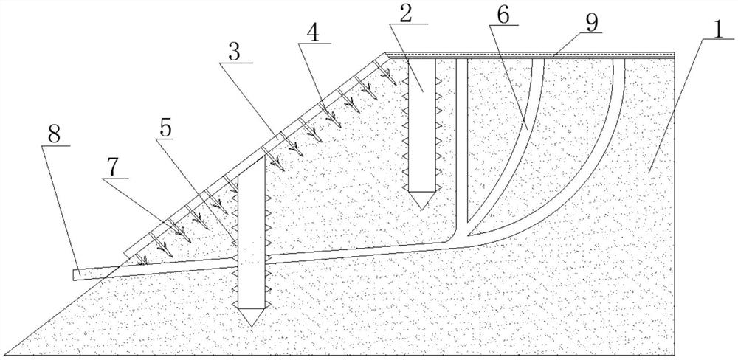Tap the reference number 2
[406, 12]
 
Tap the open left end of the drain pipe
[75, 275]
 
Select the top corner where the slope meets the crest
[387, 54]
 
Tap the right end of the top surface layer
[673, 55]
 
